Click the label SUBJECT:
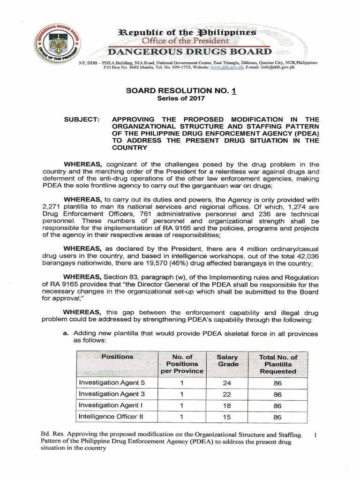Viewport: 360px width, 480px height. coord(82,120)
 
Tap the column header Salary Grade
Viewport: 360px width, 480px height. coord(227,360)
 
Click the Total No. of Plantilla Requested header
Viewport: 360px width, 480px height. coord(277,364)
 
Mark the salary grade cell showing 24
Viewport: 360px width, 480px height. coord(227,383)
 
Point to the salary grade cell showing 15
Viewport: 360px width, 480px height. coord(227,417)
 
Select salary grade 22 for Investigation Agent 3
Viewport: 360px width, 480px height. coord(227,394)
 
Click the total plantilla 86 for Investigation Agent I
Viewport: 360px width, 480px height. coord(277,405)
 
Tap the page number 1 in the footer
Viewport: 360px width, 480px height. coord(315,435)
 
